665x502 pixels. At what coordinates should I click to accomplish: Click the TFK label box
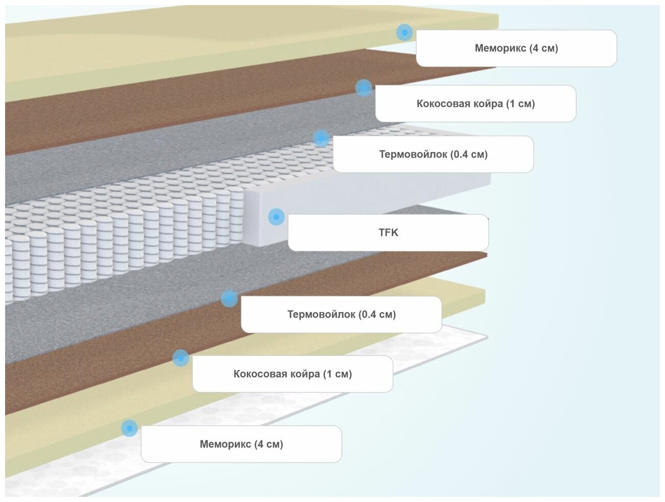click(x=388, y=233)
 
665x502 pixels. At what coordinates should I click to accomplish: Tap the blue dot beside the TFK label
click(x=276, y=217)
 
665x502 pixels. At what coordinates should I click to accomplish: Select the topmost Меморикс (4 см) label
click(x=516, y=49)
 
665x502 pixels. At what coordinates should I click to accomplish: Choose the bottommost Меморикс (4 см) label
click(x=241, y=444)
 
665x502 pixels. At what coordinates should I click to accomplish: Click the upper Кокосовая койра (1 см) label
click(x=475, y=104)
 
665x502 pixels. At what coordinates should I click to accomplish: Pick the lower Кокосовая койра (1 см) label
click(x=292, y=374)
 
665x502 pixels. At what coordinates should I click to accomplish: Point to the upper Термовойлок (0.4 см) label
click(x=433, y=154)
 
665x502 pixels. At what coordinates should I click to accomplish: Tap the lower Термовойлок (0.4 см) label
click(x=341, y=315)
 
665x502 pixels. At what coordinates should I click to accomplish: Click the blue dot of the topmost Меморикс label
click(x=404, y=32)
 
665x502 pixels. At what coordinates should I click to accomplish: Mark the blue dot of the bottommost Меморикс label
click(x=130, y=427)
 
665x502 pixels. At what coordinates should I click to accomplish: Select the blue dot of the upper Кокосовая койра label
click(x=364, y=87)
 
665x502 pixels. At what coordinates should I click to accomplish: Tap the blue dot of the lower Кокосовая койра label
click(x=181, y=358)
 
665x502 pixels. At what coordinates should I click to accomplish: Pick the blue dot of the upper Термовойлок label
click(x=321, y=138)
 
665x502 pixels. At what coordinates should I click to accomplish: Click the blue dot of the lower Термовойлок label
click(x=229, y=298)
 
